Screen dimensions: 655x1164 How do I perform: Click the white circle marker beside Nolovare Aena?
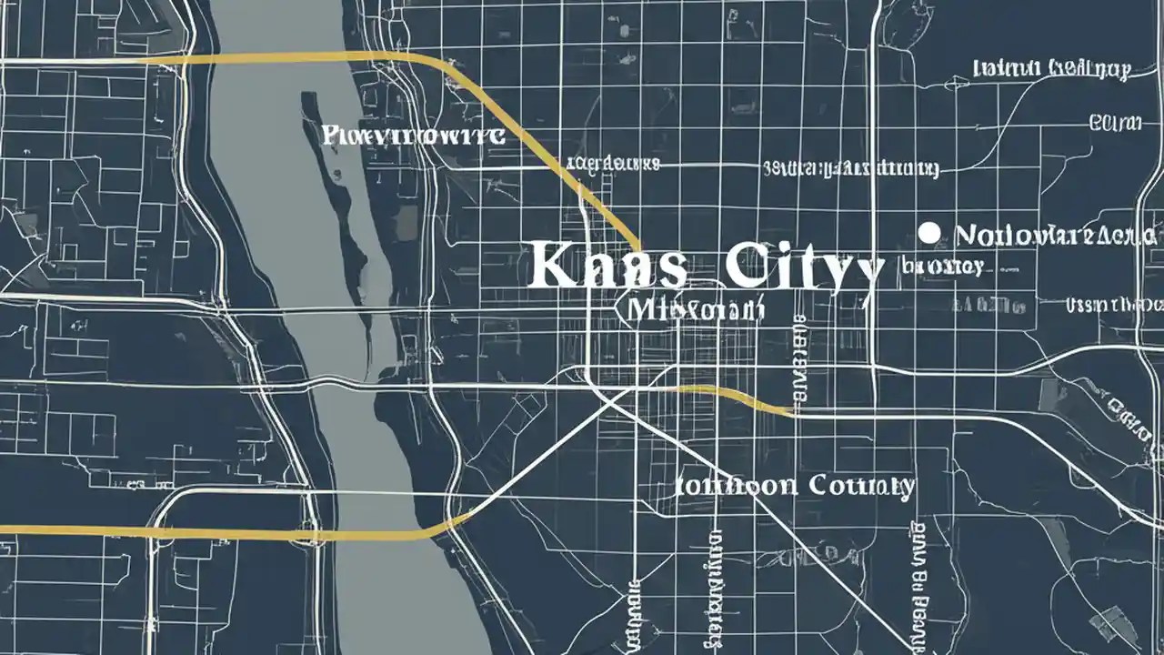(x=928, y=233)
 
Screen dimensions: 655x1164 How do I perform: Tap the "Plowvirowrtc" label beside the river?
(x=414, y=136)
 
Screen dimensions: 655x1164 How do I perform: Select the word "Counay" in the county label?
(x=859, y=486)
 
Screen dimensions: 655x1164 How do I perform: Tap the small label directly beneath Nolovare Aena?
(x=943, y=267)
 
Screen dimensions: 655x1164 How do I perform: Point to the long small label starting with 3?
(x=850, y=168)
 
